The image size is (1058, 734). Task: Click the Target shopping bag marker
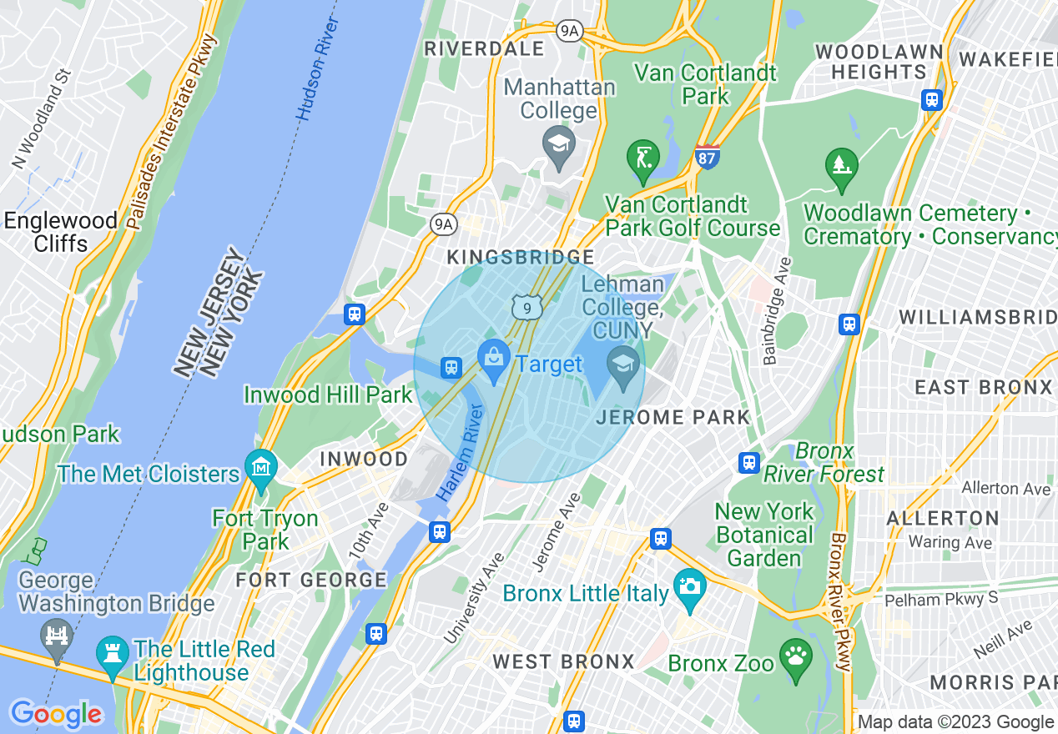click(494, 359)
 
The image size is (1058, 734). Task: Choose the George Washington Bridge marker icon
click(57, 638)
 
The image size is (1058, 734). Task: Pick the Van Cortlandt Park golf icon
click(642, 158)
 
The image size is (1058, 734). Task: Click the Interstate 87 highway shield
click(707, 156)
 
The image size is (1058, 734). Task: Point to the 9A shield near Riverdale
click(569, 31)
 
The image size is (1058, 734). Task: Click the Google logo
click(55, 714)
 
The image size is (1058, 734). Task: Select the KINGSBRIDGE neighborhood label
click(521, 257)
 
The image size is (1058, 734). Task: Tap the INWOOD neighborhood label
click(364, 459)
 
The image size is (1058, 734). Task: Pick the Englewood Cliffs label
click(60, 232)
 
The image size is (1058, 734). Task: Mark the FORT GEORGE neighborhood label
click(311, 580)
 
